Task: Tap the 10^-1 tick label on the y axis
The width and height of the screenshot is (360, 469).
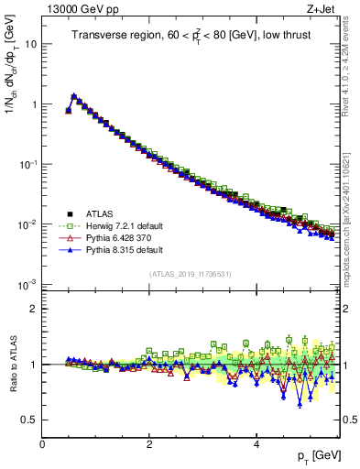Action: [27, 164]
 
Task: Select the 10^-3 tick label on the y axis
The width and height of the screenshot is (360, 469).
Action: [27, 284]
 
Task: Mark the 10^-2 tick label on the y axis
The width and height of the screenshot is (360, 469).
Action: [27, 224]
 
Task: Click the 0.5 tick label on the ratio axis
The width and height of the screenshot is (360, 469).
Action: [29, 420]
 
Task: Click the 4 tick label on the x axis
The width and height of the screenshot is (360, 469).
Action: [256, 444]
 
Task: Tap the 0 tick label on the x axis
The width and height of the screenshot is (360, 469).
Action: [42, 444]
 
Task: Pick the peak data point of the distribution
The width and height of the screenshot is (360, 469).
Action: [74, 95]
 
